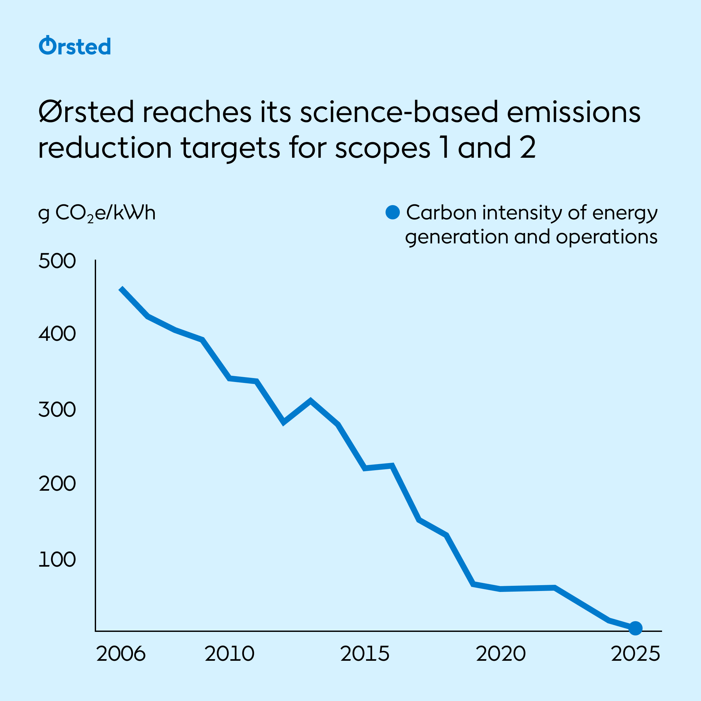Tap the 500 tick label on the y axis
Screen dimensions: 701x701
tap(57, 261)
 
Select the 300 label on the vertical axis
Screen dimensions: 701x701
tap(57, 410)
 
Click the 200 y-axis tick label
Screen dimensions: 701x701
tap(57, 484)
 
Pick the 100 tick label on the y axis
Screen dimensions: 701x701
tap(57, 560)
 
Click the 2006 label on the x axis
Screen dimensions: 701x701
tap(121, 654)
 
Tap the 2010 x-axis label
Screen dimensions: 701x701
tap(229, 654)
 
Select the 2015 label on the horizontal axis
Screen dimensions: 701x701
tap(365, 654)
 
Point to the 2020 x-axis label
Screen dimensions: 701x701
tap(501, 654)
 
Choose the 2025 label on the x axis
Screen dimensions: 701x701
tap(635, 654)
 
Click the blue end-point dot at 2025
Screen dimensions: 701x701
tap(635, 628)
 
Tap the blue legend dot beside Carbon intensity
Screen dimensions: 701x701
tap(393, 212)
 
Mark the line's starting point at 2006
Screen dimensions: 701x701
tap(121, 288)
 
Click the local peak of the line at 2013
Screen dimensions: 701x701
tap(311, 400)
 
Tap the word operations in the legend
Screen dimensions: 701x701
tap(606, 237)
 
